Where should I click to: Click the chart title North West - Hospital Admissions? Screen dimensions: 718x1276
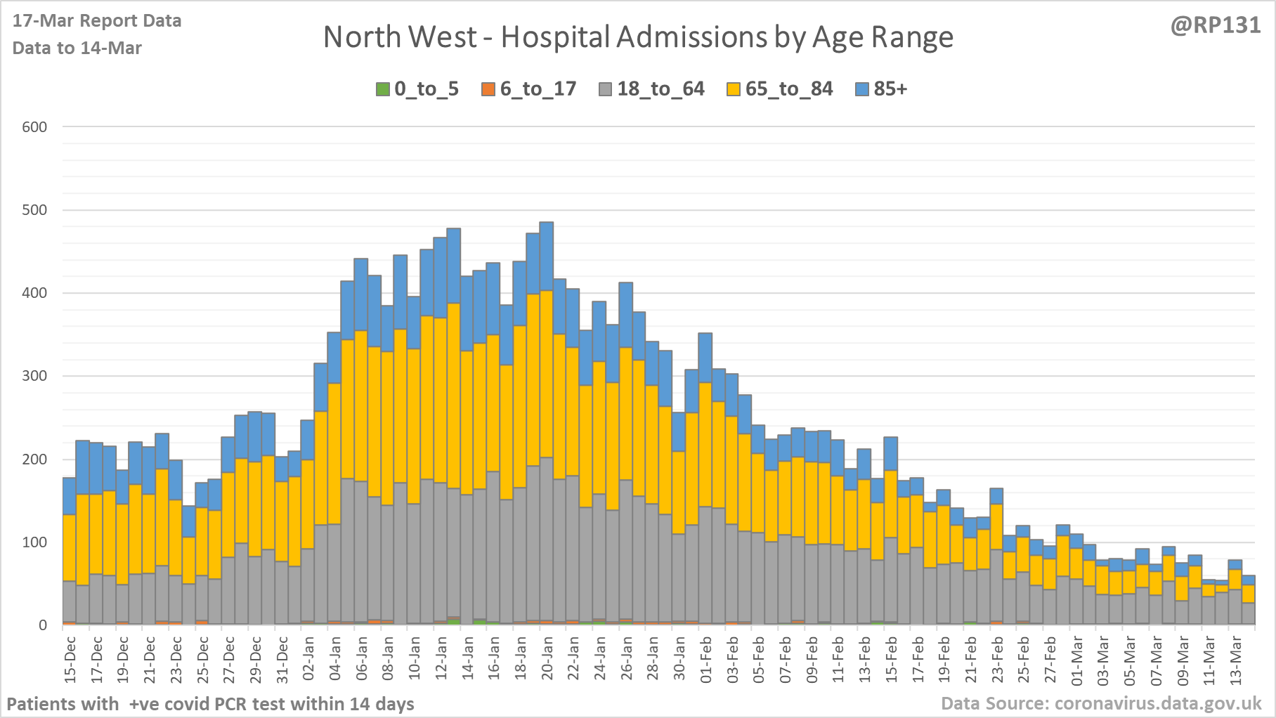(x=638, y=37)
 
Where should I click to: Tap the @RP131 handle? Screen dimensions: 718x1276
(x=1216, y=25)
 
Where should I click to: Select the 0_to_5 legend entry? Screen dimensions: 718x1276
(x=418, y=89)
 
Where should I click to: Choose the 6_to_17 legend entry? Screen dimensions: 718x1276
(x=529, y=89)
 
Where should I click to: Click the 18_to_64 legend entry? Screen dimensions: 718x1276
(x=652, y=89)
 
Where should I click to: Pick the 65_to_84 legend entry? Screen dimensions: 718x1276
(x=780, y=89)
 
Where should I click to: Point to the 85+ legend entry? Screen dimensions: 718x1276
(x=882, y=89)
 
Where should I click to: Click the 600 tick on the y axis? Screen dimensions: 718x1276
(x=34, y=127)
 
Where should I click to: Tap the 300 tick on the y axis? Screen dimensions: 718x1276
(x=34, y=376)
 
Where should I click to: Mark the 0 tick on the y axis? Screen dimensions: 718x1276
(x=43, y=625)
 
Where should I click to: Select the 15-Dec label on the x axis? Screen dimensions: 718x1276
(x=70, y=659)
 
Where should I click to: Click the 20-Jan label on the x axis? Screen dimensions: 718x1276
(x=547, y=659)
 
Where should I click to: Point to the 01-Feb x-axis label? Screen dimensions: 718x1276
(x=705, y=659)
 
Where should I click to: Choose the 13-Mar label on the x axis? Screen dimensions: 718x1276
(x=1235, y=659)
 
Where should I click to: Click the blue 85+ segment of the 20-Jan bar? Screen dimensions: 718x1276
(x=547, y=256)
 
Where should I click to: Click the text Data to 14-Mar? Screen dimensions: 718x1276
(x=77, y=48)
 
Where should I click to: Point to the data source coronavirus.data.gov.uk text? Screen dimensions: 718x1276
(x=1101, y=703)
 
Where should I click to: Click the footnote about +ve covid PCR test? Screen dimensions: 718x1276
(x=211, y=703)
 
